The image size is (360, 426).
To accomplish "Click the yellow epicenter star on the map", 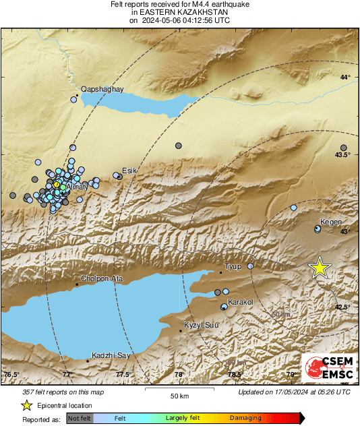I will point(320,268).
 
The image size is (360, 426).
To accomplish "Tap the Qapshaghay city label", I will point(99,88).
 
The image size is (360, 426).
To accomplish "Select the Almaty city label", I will point(80,186).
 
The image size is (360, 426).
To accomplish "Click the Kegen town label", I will point(331,222).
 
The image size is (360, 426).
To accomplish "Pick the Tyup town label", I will point(233,267).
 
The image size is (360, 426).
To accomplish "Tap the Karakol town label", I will point(241,302).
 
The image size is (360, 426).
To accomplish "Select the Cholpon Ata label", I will point(101,278).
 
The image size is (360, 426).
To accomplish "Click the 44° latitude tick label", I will point(345,78).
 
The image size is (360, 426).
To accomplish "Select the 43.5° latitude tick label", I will point(343,155).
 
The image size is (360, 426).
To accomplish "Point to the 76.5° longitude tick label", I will point(12,374).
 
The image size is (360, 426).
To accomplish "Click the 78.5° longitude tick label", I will point(235,374).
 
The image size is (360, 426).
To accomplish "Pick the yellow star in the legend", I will point(26,405).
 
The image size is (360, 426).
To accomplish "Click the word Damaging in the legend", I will point(241,419).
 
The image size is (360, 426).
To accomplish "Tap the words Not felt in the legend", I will point(79,419).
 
